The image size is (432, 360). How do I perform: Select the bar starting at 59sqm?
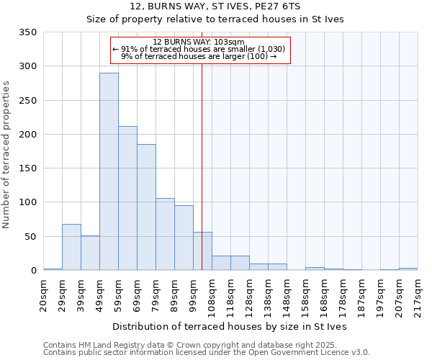pos(127,199)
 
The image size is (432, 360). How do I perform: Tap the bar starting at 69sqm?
pos(146,207)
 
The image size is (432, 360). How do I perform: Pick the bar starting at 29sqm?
pos(71,247)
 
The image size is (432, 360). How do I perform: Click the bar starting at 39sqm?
pos(90,253)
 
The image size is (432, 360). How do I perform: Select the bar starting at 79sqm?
pos(165,234)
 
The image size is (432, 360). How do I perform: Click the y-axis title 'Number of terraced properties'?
pos(6,154)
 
